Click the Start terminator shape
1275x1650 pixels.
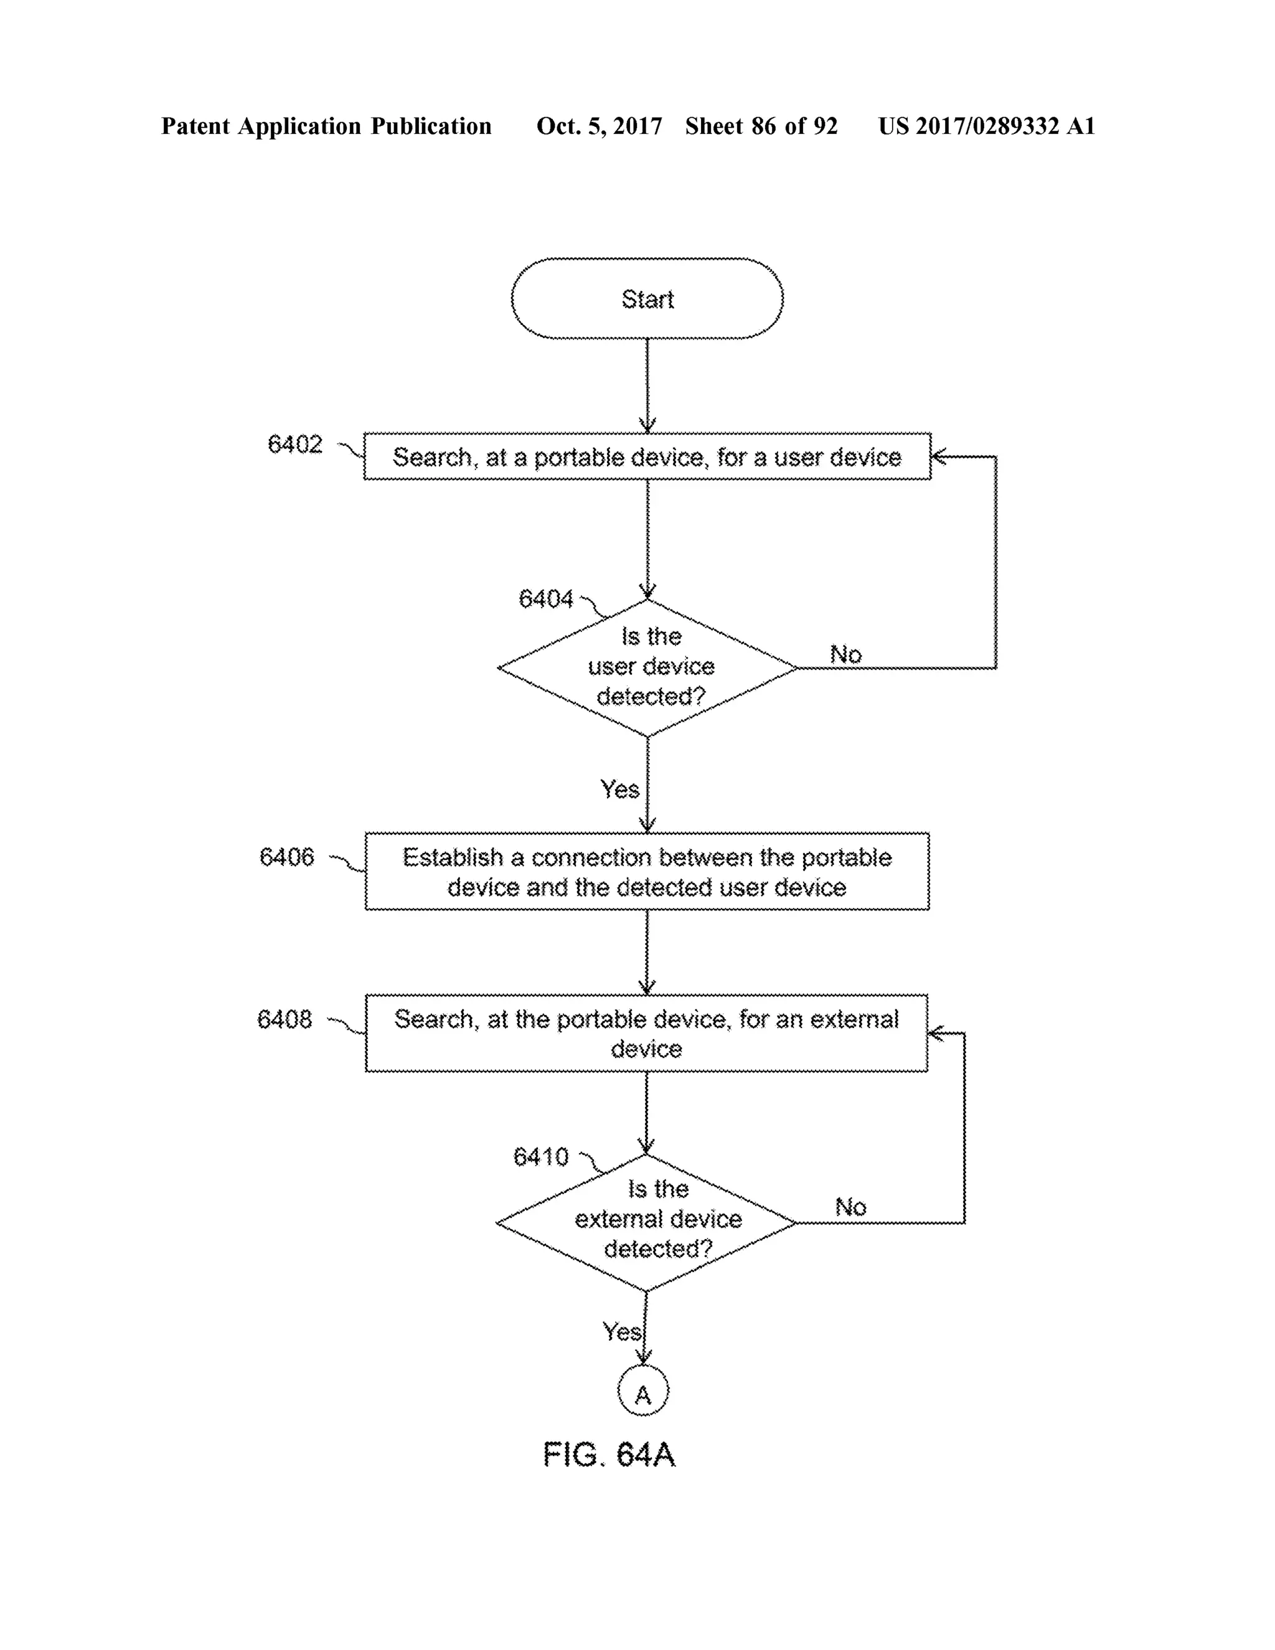coord(647,298)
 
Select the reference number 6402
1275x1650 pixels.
coord(294,444)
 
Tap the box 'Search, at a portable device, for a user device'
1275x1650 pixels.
coord(647,456)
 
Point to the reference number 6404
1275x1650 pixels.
coord(545,599)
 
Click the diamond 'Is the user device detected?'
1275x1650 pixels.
coord(647,667)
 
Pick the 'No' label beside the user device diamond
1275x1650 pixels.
coord(845,654)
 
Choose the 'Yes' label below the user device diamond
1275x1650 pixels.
coord(619,790)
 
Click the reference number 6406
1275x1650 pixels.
coord(286,857)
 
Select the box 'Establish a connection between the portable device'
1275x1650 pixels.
coord(647,871)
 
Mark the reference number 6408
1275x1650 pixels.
coord(284,1019)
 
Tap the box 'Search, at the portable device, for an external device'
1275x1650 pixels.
coord(647,1033)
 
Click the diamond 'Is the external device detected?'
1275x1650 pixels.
coord(647,1222)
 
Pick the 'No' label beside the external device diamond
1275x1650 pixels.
coord(850,1207)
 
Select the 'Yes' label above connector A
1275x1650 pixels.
coord(621,1331)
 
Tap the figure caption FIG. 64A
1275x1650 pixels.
coord(609,1454)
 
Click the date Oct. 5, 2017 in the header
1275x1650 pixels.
coord(599,126)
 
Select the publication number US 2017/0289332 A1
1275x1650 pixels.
coord(987,126)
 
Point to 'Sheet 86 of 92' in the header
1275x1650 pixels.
coord(761,126)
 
